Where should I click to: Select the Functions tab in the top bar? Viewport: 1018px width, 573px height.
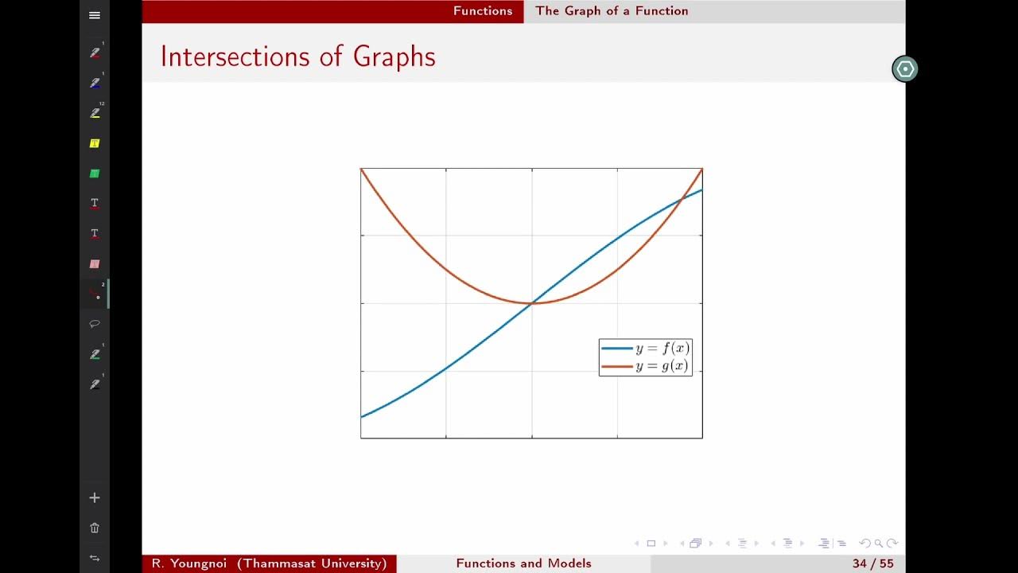pos(483,11)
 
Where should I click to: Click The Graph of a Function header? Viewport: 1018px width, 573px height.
pos(612,11)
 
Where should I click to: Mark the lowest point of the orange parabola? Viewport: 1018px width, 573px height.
pos(531,303)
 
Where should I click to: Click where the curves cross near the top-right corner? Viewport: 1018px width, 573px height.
pos(681,201)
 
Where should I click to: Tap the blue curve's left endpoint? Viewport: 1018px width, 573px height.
pos(362,416)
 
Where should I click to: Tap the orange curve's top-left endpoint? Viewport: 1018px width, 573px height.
pos(362,170)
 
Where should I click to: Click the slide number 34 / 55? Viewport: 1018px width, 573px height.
pos(872,563)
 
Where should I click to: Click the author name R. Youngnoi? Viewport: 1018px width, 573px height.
pos(190,563)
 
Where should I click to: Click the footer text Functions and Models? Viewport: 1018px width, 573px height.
pos(523,563)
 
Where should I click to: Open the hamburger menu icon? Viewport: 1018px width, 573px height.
pos(95,15)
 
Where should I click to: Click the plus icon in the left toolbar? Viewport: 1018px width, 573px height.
pos(95,497)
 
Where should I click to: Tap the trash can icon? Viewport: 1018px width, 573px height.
pos(95,528)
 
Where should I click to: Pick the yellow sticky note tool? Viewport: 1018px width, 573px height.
pos(95,143)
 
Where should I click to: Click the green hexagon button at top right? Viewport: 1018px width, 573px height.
pos(905,69)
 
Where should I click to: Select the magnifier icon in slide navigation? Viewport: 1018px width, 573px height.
pos(878,544)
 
